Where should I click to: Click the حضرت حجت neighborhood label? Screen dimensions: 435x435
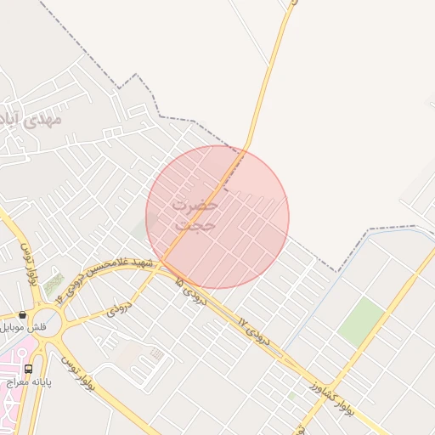195,215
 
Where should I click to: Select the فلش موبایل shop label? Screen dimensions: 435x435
25,327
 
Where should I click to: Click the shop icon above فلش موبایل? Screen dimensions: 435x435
23,314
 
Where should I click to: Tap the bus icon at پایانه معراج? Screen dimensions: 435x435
29,370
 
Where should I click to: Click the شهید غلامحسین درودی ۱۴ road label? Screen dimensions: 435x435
106,276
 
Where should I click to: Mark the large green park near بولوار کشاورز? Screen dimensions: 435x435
362,321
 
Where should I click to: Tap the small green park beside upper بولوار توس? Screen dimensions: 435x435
54,284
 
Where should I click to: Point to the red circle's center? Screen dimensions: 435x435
217,217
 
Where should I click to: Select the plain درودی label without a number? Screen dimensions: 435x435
118,311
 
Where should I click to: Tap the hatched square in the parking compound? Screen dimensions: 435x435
156,353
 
